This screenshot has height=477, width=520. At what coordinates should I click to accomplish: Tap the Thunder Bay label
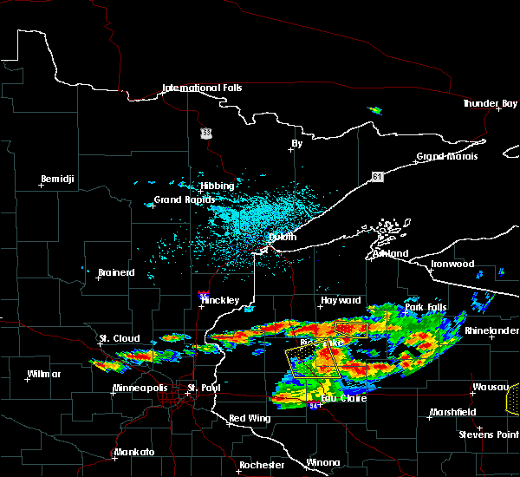(490, 103)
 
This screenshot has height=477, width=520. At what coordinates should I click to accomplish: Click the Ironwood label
(453, 264)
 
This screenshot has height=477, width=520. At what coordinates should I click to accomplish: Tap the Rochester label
(261, 465)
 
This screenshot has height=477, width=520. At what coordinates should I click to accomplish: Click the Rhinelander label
(491, 330)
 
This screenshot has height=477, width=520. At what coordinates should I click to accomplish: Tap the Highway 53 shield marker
(205, 133)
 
